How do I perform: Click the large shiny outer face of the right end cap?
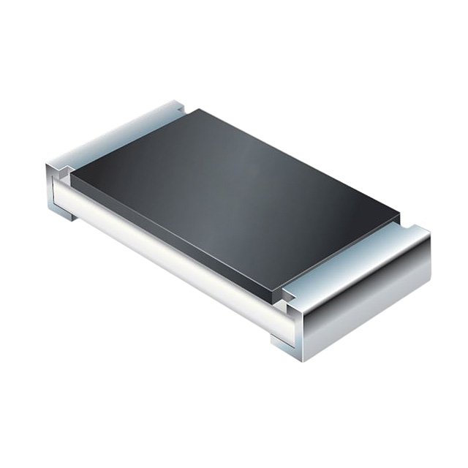366,307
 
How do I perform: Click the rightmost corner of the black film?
400,216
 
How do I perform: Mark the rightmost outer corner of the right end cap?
431,234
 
